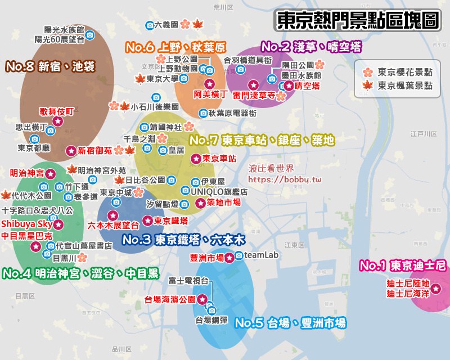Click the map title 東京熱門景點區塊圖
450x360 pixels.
[x=358, y=21]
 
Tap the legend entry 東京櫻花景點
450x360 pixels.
[x=404, y=72]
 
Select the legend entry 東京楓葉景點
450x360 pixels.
[x=404, y=86]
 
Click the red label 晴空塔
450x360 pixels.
[x=307, y=86]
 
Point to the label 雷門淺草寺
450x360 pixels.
[x=253, y=96]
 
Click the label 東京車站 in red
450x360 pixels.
[x=219, y=158]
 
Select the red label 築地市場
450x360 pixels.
[x=224, y=202]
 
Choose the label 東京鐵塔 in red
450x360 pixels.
[x=171, y=220]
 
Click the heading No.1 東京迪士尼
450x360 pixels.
[x=402, y=265]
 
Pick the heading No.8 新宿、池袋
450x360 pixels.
[x=50, y=66]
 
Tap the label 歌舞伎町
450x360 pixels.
[x=57, y=111]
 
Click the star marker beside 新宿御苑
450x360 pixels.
[x=71, y=151]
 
